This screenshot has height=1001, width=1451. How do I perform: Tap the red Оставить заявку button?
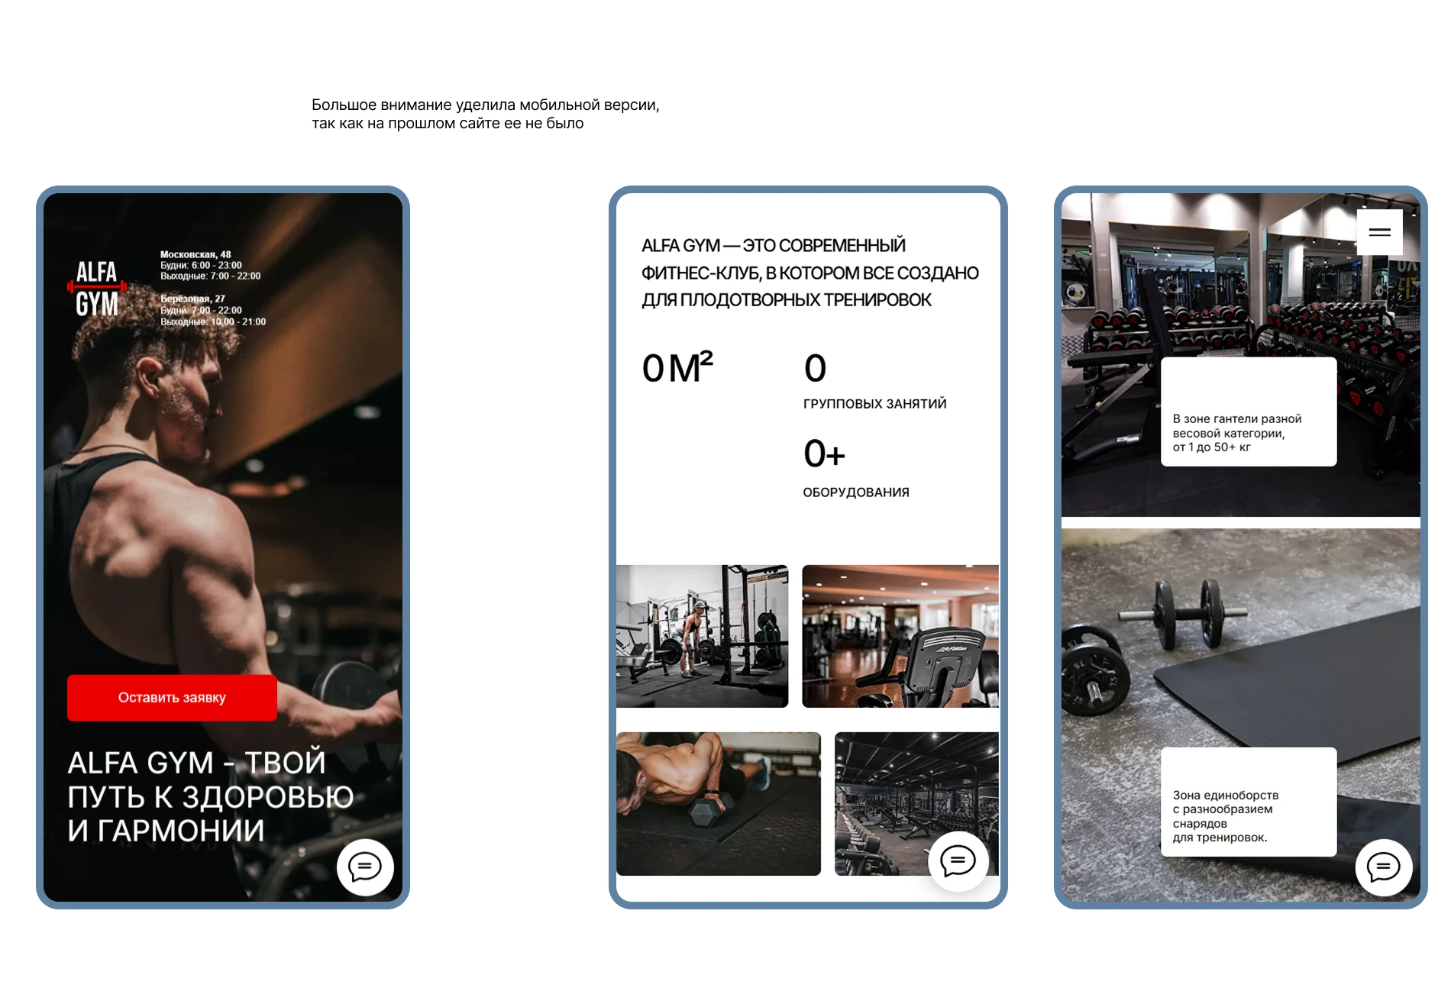click(x=172, y=697)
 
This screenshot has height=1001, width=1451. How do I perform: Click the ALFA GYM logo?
click(x=97, y=288)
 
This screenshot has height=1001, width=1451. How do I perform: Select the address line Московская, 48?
click(x=196, y=254)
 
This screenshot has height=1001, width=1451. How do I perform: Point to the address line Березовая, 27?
click(x=192, y=299)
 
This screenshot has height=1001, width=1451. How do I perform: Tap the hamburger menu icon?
click(x=1379, y=232)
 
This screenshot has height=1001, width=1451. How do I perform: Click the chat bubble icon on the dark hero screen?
click(x=365, y=867)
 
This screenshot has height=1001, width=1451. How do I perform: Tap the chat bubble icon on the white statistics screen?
click(x=958, y=861)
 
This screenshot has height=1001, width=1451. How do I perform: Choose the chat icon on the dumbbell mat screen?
click(x=1383, y=867)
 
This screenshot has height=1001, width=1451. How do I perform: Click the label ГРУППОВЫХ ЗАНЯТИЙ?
click(x=874, y=404)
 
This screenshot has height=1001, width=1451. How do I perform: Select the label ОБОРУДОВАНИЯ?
click(x=856, y=492)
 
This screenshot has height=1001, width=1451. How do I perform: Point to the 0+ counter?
click(x=824, y=454)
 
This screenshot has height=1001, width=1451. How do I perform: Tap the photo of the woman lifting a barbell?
click(x=702, y=636)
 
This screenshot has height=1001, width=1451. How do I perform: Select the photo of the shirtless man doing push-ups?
click(x=719, y=803)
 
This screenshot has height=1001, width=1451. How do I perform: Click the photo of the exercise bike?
click(x=900, y=636)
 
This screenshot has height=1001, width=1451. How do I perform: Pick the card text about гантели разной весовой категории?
click(x=1236, y=433)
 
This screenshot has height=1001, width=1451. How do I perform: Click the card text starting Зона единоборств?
click(x=1225, y=816)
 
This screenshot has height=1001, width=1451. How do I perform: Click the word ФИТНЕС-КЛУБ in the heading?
click(x=701, y=273)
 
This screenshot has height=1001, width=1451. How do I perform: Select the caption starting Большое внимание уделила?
click(x=485, y=114)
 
